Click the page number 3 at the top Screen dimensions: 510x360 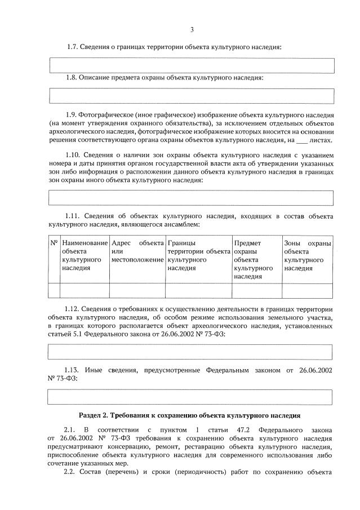click(x=192, y=30)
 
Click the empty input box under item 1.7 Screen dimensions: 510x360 click(x=192, y=66)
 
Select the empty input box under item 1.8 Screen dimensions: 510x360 click(x=192, y=95)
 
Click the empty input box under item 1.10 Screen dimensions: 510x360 click(x=192, y=198)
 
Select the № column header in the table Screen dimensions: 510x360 click(x=54, y=243)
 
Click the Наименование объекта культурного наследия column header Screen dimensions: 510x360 click(x=85, y=256)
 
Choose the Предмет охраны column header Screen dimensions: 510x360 click(x=256, y=260)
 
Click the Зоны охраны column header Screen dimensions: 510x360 click(x=307, y=256)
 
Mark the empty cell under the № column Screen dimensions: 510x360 click(x=54, y=290)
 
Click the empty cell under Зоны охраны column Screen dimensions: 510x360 click(x=307, y=290)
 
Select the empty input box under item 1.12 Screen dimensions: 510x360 click(x=192, y=352)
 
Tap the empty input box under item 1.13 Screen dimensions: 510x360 click(x=192, y=396)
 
